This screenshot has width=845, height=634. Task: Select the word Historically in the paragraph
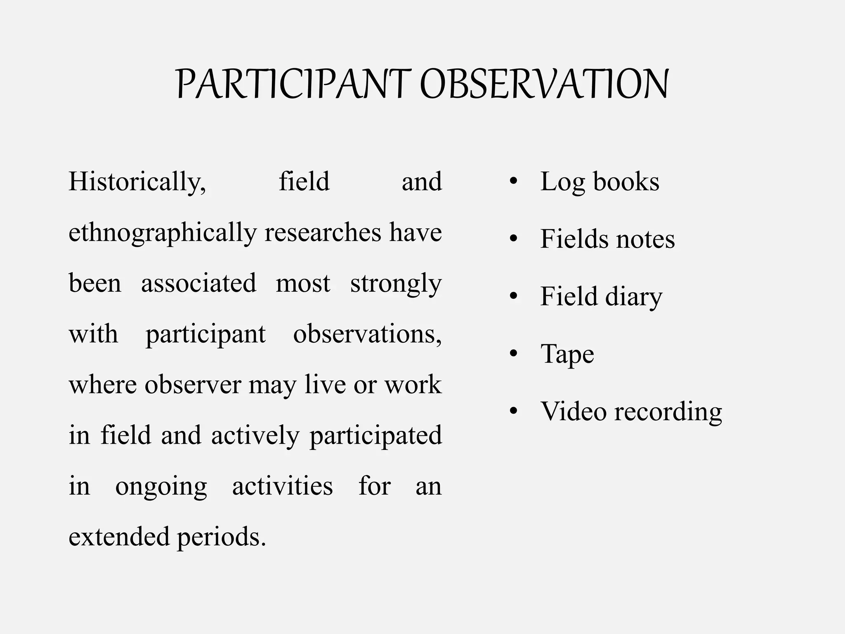coord(137,182)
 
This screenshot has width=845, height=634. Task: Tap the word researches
coord(323,232)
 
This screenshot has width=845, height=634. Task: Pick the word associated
coord(198,284)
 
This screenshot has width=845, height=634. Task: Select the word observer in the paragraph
coord(192,385)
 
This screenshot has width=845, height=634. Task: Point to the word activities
coord(282,486)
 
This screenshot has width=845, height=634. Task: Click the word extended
coord(119,537)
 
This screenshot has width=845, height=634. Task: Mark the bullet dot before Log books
coord(513,182)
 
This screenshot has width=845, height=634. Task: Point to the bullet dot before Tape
coord(513,354)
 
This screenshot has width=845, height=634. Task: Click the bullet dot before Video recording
coord(513,411)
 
